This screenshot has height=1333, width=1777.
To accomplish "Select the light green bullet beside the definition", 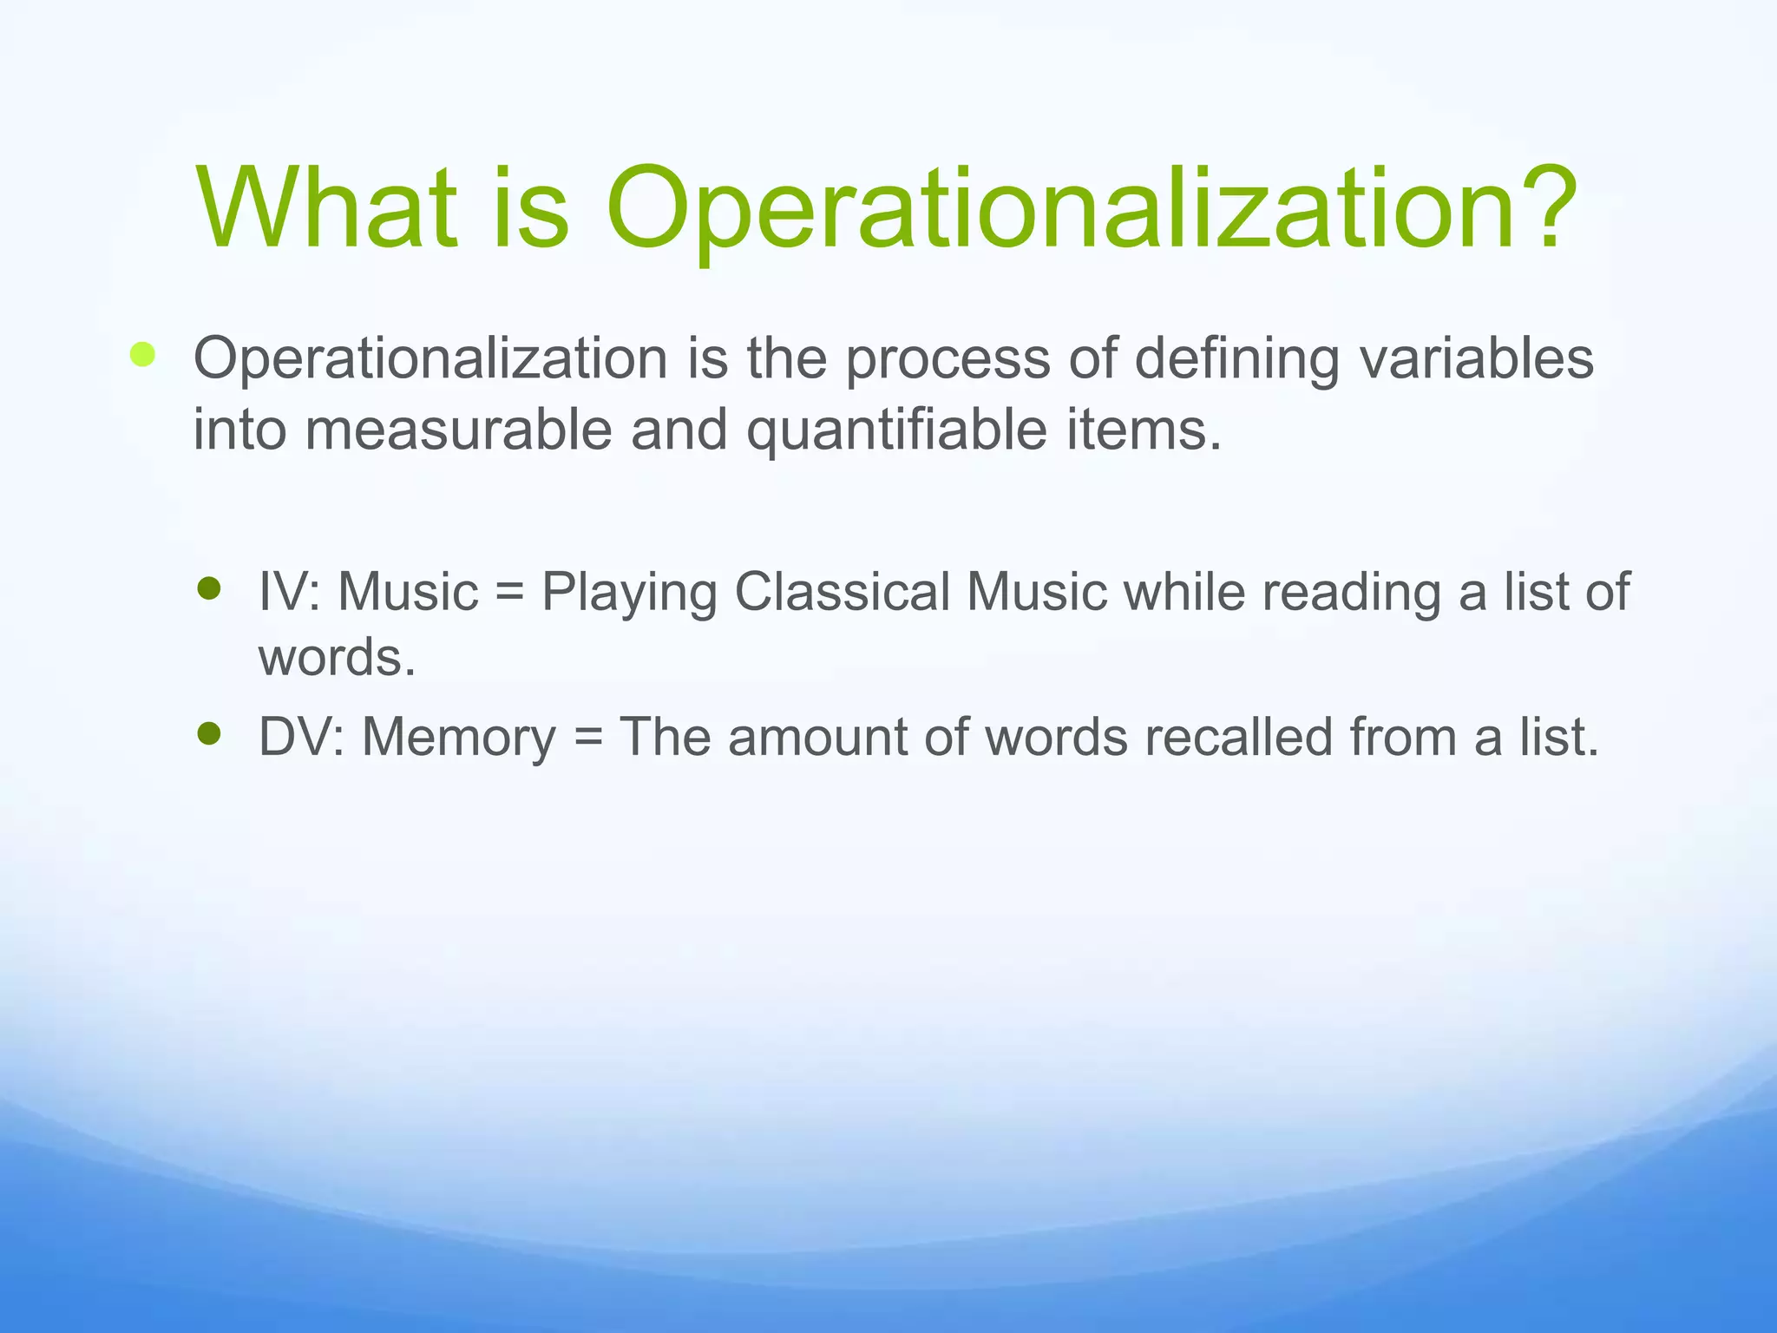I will [x=142, y=355].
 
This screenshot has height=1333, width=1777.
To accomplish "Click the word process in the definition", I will [x=947, y=359].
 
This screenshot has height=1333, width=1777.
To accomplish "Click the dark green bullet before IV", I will [x=209, y=590].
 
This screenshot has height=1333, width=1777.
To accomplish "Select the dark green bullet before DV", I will [x=209, y=735].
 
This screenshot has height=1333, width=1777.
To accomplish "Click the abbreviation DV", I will [x=296, y=737].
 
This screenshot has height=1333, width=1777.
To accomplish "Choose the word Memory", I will [x=458, y=738].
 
